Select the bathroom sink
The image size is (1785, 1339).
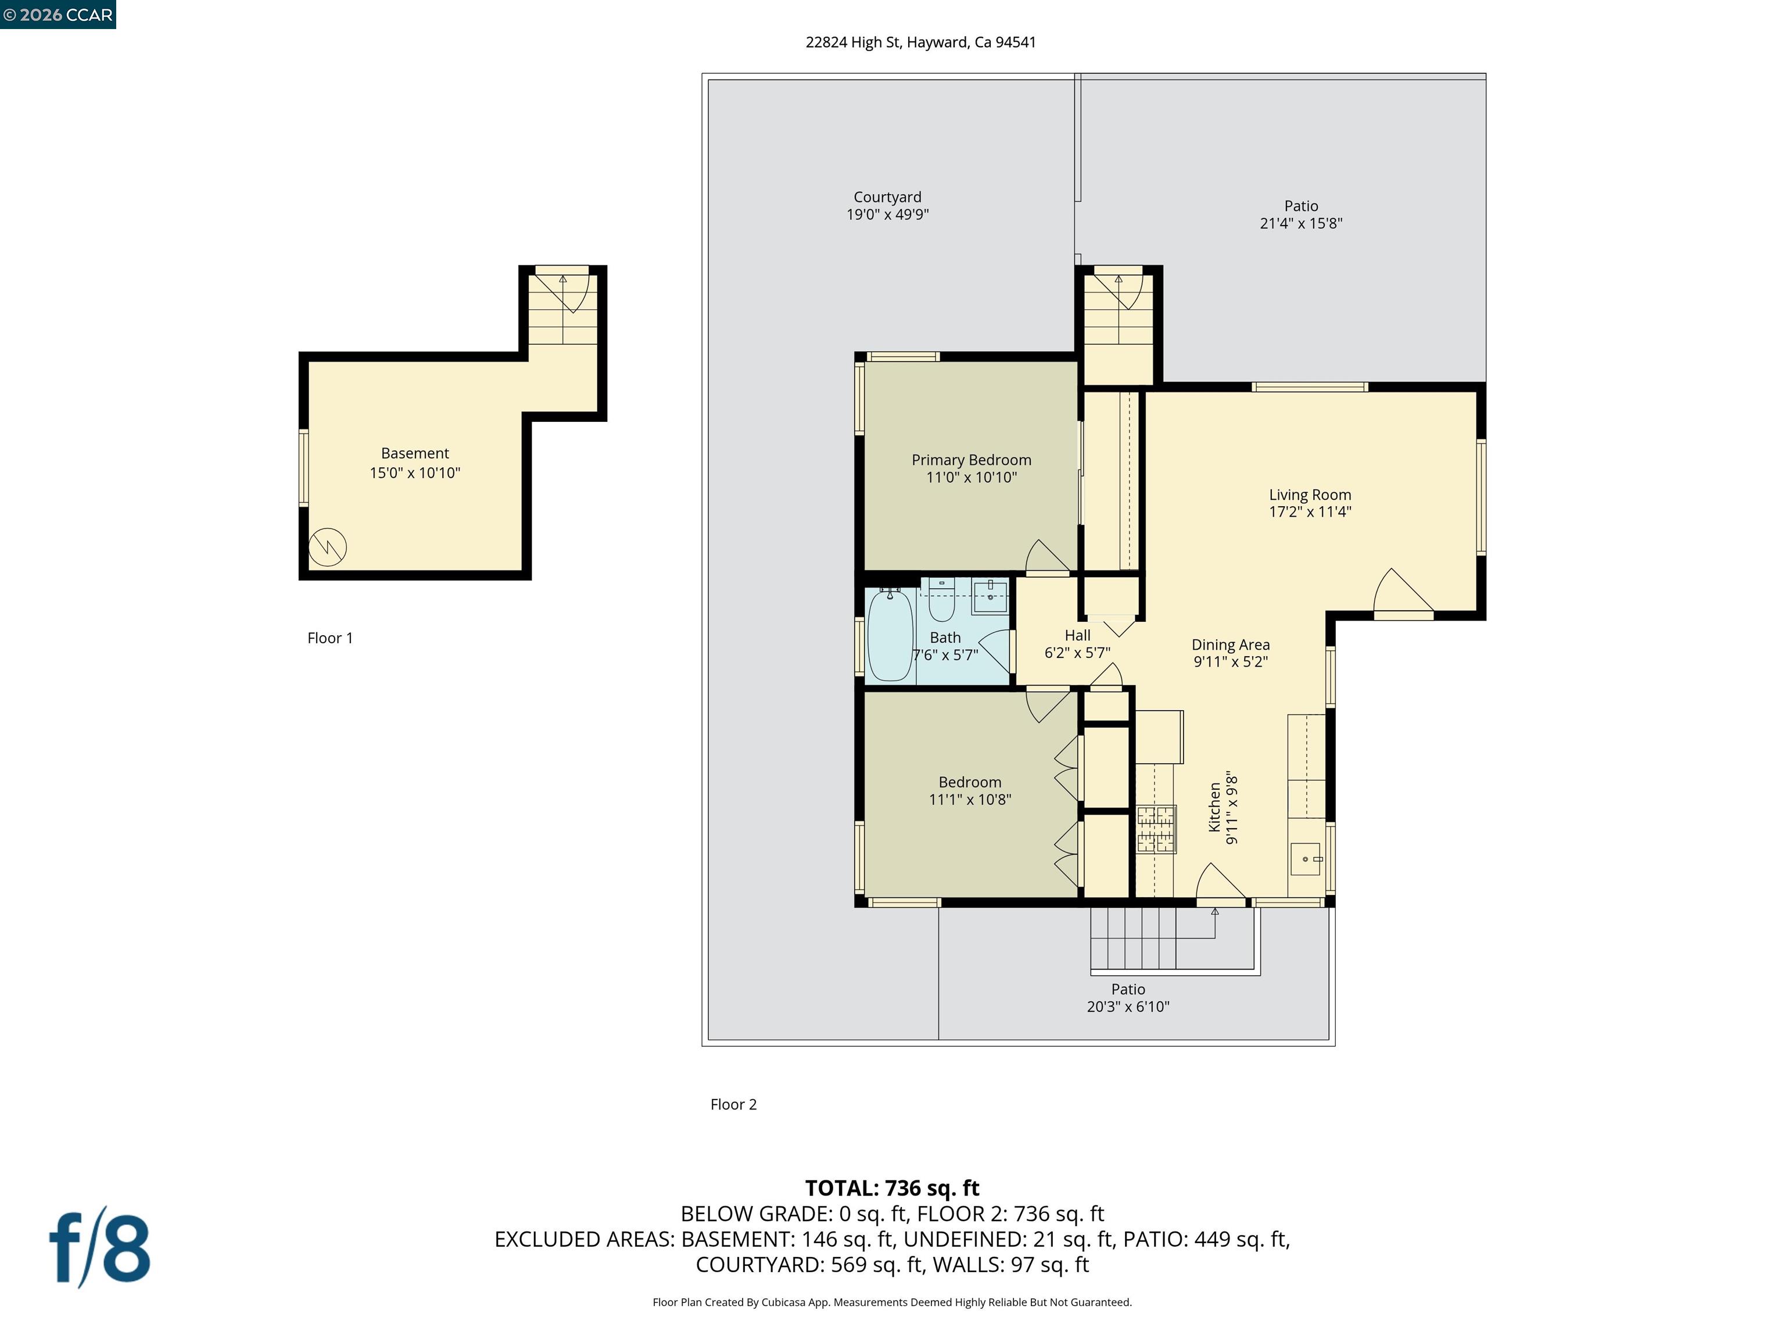click(x=990, y=597)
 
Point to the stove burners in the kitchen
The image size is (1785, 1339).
click(x=1156, y=830)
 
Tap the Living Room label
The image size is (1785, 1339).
click(x=1310, y=495)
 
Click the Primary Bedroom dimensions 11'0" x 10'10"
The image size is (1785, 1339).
click(x=971, y=478)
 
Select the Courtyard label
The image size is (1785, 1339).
click(x=887, y=197)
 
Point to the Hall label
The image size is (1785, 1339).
click(x=1077, y=636)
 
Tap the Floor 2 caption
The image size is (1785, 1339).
click(x=733, y=1104)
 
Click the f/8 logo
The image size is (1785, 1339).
click(x=100, y=1248)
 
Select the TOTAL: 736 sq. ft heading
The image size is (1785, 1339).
click(x=892, y=1188)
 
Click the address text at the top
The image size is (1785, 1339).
click(x=921, y=42)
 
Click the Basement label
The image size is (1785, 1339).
click(x=415, y=453)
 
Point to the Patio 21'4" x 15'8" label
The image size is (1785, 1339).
click(x=1301, y=214)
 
